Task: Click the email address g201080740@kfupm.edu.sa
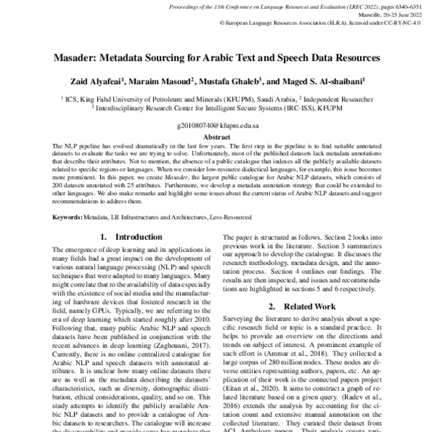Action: pyautogui.click(x=217, y=125)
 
